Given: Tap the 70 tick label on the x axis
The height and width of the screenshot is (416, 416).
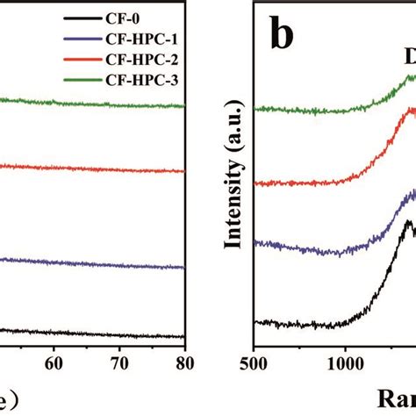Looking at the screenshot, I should click(120, 360).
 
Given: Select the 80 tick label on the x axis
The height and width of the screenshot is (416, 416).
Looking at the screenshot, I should click(184, 360).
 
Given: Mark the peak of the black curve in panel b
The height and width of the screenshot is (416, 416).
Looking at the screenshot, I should click(408, 223).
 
